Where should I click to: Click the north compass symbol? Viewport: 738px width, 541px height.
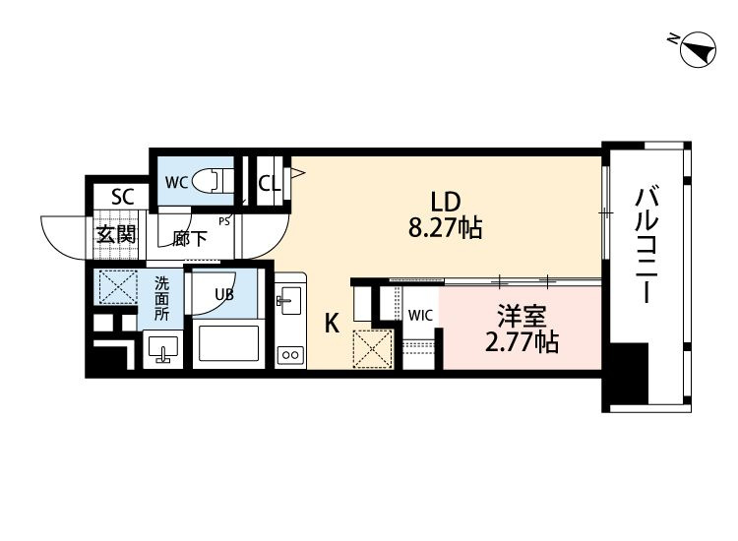click(x=698, y=49)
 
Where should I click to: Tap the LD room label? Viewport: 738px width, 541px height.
click(x=445, y=203)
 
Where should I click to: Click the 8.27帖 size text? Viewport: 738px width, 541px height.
click(x=445, y=228)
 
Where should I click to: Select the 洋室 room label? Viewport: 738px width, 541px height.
click(x=522, y=317)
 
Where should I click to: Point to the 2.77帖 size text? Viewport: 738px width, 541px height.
click(x=522, y=342)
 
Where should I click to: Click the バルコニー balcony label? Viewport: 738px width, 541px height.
click(x=647, y=245)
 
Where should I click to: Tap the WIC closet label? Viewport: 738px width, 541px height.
click(x=420, y=315)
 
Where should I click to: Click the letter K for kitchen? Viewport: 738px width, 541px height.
click(x=333, y=324)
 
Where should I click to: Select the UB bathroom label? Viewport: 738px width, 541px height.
click(x=224, y=294)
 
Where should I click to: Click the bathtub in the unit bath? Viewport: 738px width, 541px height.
click(x=228, y=343)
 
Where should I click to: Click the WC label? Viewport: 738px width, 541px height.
click(x=177, y=182)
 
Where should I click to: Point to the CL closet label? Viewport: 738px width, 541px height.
click(x=270, y=184)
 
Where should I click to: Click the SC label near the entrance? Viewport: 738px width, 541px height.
click(x=123, y=196)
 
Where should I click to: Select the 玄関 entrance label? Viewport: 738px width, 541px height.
click(x=116, y=234)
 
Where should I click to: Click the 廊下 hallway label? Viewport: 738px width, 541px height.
click(x=189, y=238)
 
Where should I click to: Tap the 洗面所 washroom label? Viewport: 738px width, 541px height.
click(x=162, y=299)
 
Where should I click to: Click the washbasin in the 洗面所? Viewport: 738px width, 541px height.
click(x=162, y=349)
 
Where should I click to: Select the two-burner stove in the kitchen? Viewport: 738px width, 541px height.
click(x=290, y=355)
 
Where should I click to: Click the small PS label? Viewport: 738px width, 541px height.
click(x=224, y=221)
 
